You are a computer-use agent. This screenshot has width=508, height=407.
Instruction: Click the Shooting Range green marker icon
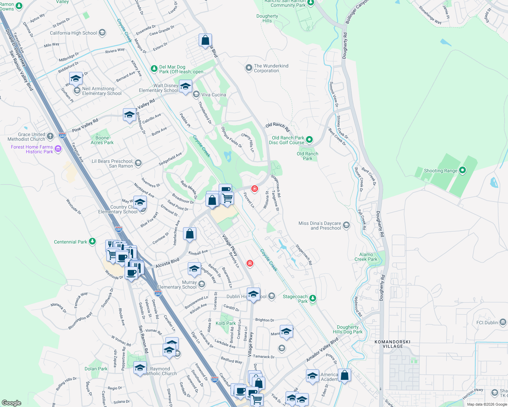point(462,171)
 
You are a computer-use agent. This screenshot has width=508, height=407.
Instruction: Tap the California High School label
point(73,33)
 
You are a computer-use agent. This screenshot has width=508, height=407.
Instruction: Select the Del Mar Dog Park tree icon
point(154,68)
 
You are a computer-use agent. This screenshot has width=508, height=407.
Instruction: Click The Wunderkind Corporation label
point(271,68)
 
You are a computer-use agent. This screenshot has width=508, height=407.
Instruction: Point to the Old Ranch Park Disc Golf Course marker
point(309,139)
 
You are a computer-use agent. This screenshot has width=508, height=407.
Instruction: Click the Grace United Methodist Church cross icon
point(50,136)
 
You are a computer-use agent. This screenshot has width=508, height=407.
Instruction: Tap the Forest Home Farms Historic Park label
point(32,149)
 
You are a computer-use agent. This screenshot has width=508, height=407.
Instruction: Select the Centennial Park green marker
point(92,241)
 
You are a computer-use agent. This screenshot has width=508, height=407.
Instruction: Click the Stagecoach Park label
point(295,299)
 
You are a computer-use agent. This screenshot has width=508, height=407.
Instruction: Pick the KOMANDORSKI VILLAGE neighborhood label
point(393,344)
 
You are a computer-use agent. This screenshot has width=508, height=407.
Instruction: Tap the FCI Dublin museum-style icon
point(503,322)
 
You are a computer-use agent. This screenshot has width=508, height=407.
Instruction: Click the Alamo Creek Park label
point(366,257)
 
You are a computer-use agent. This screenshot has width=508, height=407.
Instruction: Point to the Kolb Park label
point(225,323)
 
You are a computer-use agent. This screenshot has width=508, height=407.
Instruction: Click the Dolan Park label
point(96,369)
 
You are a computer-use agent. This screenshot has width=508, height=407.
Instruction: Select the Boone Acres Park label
point(102,140)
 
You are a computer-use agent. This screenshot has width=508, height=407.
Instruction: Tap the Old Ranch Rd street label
point(277,127)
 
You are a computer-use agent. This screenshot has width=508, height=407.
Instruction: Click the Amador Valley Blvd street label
point(322,350)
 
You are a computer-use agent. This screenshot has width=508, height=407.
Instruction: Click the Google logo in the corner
point(11,403)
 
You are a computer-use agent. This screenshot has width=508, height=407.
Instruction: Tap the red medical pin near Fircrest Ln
point(254,189)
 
